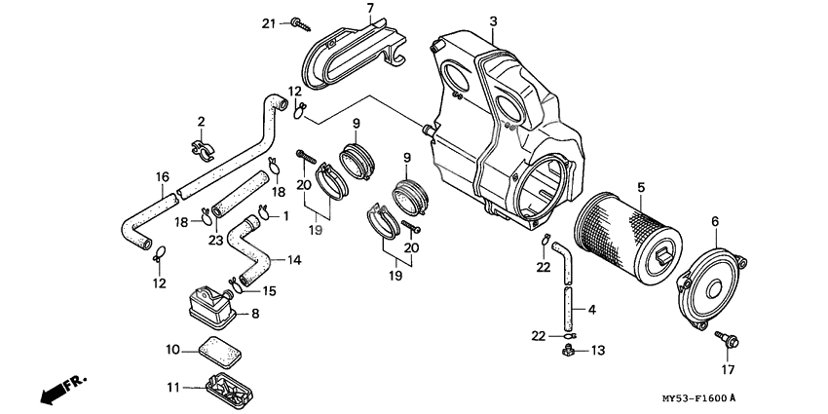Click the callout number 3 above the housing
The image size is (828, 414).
pos(493,21)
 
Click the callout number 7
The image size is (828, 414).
pos(369,9)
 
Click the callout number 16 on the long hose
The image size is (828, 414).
pos(164,177)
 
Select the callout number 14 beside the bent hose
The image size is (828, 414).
pos(294,260)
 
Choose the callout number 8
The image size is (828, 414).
pos(256,314)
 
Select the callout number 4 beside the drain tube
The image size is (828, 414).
pos(592,310)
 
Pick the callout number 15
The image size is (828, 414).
pos(269,289)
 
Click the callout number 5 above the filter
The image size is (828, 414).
pos(640,185)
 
